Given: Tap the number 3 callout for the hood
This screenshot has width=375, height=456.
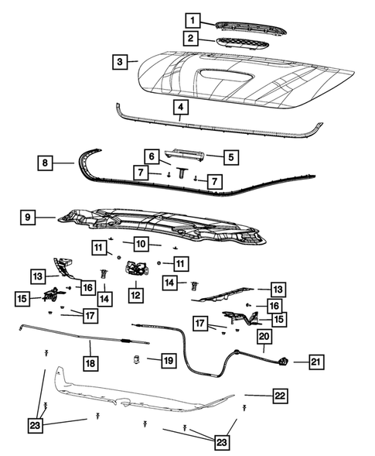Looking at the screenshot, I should click(118, 60).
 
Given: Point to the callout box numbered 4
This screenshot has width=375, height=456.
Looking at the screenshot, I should click(180, 107).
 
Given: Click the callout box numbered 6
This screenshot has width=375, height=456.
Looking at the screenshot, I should click(152, 156).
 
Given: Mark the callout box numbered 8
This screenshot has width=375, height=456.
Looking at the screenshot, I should click(46, 163).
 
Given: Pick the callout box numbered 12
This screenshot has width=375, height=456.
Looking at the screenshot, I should click(135, 294).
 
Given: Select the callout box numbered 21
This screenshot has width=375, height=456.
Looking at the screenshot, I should click(317, 361).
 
